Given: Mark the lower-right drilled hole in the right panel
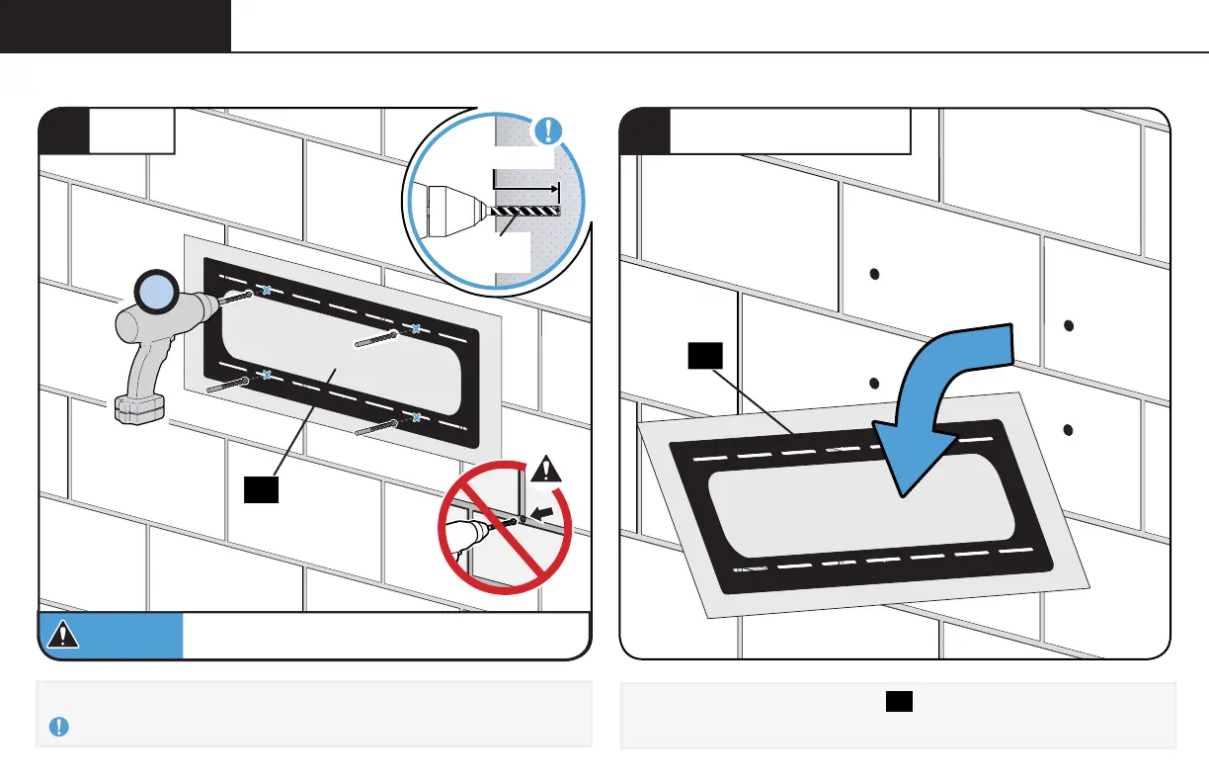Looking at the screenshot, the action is tap(1069, 429).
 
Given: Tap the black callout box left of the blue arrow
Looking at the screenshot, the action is tap(706, 358).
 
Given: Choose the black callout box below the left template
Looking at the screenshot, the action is tap(261, 489).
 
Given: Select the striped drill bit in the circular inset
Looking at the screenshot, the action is tap(524, 211).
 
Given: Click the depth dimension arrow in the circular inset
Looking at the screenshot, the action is tap(525, 185).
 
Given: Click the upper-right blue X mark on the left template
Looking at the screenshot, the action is tap(417, 329).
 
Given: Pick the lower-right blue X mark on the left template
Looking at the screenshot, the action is tap(416, 418).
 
